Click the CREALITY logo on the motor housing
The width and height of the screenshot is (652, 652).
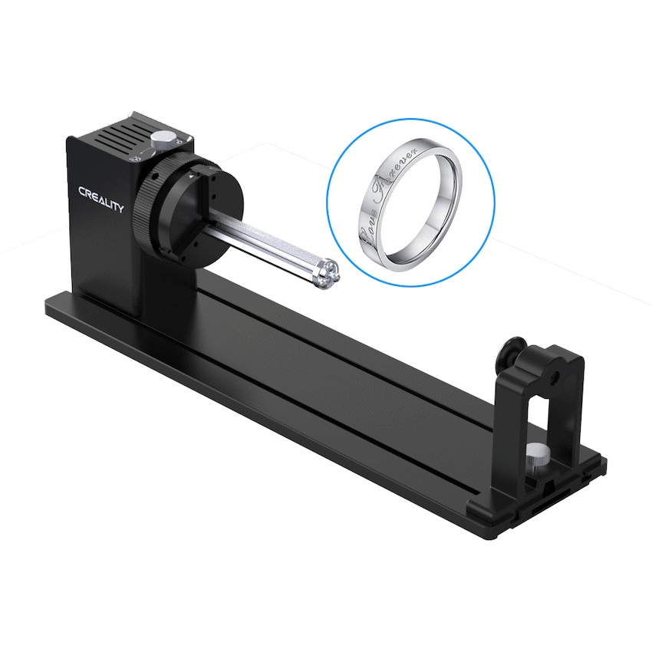click(x=101, y=199)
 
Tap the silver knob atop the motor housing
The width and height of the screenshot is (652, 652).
click(x=162, y=140)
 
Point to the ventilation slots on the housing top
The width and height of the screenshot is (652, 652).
click(x=120, y=136)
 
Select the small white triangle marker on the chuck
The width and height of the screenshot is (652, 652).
click(x=191, y=176)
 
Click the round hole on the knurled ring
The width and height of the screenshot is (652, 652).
click(x=155, y=176)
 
